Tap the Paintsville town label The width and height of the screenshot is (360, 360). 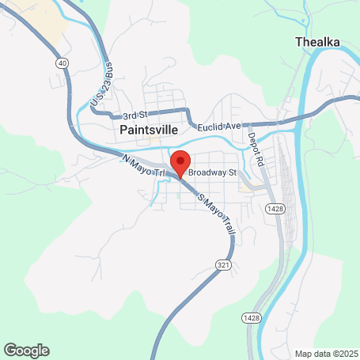tap(148, 129)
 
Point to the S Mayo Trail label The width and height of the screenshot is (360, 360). tap(214, 212)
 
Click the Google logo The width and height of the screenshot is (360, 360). tap(26, 350)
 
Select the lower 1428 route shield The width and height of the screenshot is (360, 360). tap(248, 316)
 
